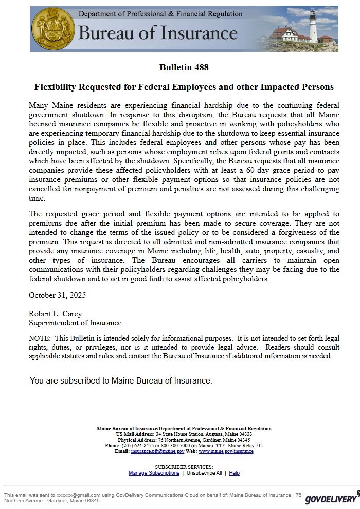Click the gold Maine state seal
click(x=53, y=28)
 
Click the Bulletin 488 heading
click(x=184, y=67)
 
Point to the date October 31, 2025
click(x=57, y=295)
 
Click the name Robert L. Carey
click(x=55, y=314)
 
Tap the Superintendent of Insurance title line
click(x=75, y=323)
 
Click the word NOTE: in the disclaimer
click(x=40, y=338)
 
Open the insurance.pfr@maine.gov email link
click(x=157, y=451)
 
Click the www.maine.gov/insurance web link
click(x=226, y=451)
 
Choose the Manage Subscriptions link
click(x=154, y=473)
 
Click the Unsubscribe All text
click(x=204, y=473)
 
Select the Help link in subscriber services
click(x=234, y=473)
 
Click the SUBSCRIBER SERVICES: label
click(x=184, y=467)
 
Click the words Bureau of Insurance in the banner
click(x=157, y=33)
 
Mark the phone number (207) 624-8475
click(x=137, y=446)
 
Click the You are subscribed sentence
click(x=121, y=381)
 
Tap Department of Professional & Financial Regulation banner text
click(x=160, y=14)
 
